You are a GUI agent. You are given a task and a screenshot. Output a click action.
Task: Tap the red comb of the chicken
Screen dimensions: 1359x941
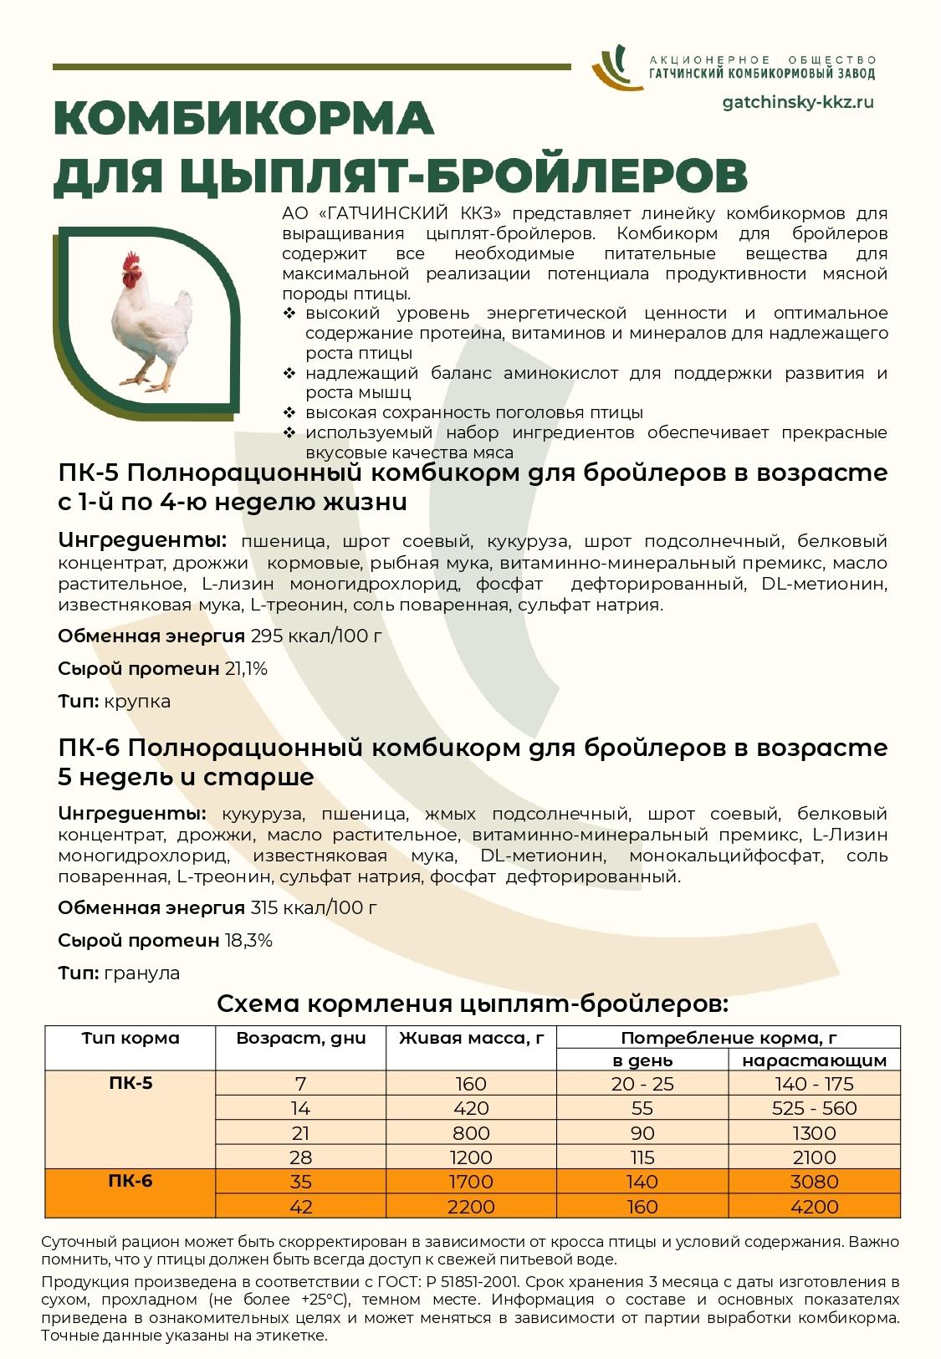click(x=130, y=265)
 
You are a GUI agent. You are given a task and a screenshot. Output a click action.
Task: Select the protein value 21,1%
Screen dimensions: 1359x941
click(x=246, y=668)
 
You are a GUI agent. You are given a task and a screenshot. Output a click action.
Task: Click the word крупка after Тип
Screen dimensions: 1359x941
click(x=137, y=701)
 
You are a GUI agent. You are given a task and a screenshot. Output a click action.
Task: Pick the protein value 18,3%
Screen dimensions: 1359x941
click(x=248, y=940)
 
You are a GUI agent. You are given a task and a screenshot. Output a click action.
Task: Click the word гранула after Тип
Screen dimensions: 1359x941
click(x=141, y=973)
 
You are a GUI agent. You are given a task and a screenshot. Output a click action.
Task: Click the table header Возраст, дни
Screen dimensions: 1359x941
click(x=300, y=1038)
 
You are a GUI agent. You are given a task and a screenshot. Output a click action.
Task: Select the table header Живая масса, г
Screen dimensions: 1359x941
click(x=472, y=1038)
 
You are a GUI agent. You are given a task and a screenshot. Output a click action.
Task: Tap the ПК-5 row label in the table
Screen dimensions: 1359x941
click(x=130, y=1084)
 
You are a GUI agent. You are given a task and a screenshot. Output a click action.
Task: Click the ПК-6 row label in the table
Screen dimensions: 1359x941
click(x=130, y=1182)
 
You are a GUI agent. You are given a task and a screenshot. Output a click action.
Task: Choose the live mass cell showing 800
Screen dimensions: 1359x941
click(x=472, y=1133)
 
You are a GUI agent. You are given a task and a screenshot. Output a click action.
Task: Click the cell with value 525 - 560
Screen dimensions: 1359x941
click(x=815, y=1108)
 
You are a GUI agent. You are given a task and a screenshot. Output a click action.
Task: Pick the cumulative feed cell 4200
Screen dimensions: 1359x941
click(x=815, y=1207)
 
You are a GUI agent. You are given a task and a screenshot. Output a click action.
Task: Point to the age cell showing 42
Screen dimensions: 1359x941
click(x=300, y=1207)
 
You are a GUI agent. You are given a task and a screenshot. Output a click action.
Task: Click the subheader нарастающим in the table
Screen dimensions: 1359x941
click(x=815, y=1060)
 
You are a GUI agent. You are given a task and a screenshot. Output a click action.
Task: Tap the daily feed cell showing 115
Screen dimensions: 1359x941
click(x=642, y=1157)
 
